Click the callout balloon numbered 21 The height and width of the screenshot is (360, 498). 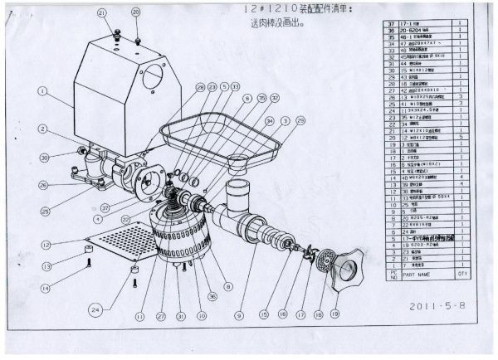(101, 13)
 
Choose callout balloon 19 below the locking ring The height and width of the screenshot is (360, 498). (334, 315)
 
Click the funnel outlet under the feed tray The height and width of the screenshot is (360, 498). (238, 160)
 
